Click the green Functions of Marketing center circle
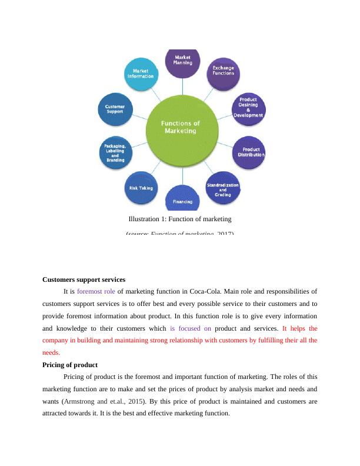point(181,127)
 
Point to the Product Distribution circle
point(250,152)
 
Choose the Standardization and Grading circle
point(222,187)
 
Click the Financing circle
point(182,198)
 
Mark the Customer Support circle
point(115,109)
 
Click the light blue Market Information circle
point(141,73)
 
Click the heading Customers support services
point(84,279)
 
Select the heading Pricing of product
point(70,365)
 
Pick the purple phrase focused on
point(191,328)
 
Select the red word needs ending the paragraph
point(51,353)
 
